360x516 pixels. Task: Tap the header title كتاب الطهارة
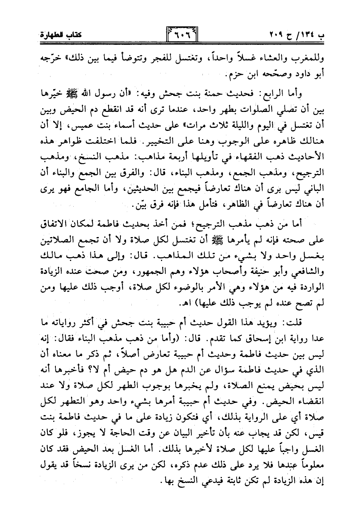[56, 36]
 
